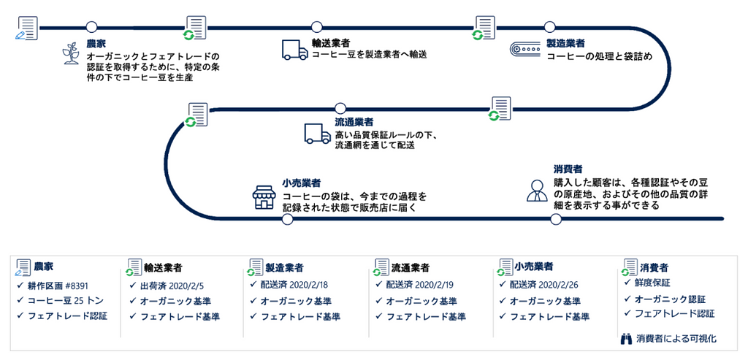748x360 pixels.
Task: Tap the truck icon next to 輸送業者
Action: [294, 49]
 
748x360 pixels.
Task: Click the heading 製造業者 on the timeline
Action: [565, 44]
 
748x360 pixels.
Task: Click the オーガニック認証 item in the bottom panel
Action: [670, 299]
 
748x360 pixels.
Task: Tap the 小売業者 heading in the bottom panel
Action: [533, 267]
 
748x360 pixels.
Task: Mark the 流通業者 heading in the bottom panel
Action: [410, 267]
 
